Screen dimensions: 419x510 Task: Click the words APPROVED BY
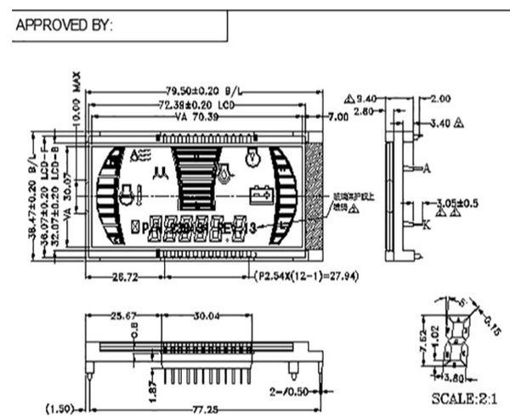[x=64, y=25]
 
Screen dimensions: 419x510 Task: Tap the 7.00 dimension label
[x=337, y=116]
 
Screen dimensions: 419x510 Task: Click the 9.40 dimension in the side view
[x=366, y=97]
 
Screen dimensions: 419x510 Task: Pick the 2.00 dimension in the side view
[x=440, y=98]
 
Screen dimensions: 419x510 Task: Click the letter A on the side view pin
[x=427, y=168]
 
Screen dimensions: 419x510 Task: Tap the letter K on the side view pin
[x=426, y=224]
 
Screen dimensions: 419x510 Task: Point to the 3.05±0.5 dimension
[x=457, y=204]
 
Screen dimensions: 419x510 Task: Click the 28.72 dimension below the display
[x=124, y=277]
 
